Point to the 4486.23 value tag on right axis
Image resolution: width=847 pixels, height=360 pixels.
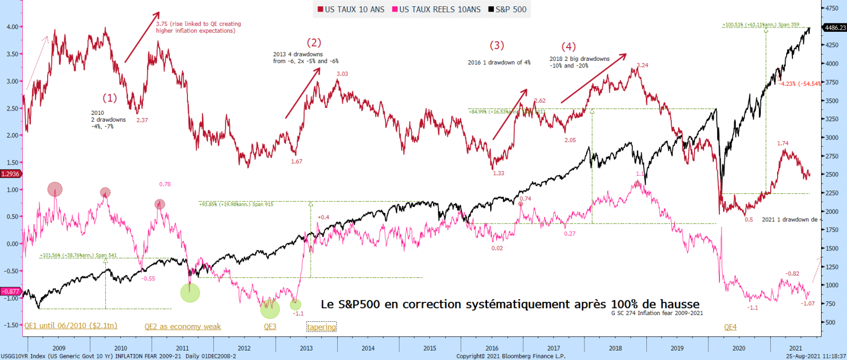click(835, 28)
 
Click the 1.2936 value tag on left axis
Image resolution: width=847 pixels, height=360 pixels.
click(10, 174)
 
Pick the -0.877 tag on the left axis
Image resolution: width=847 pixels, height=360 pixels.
click(10, 291)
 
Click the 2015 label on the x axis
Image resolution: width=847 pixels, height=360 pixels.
click(430, 348)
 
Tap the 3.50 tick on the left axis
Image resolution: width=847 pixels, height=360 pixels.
click(11, 54)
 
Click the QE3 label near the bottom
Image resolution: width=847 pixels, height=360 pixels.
click(270, 327)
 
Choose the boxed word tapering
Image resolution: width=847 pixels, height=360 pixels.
click(321, 327)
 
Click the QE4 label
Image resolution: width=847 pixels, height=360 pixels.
click(730, 327)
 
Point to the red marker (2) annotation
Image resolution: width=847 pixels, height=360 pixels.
click(314, 43)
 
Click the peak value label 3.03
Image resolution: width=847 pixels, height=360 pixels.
click(343, 74)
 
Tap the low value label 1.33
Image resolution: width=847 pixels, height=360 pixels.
click(498, 173)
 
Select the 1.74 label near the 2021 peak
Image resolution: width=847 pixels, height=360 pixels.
click(782, 143)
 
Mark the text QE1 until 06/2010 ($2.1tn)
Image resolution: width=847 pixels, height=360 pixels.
click(71, 326)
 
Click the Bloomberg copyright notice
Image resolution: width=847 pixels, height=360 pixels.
click(511, 356)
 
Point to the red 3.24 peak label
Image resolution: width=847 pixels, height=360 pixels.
click(642, 66)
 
